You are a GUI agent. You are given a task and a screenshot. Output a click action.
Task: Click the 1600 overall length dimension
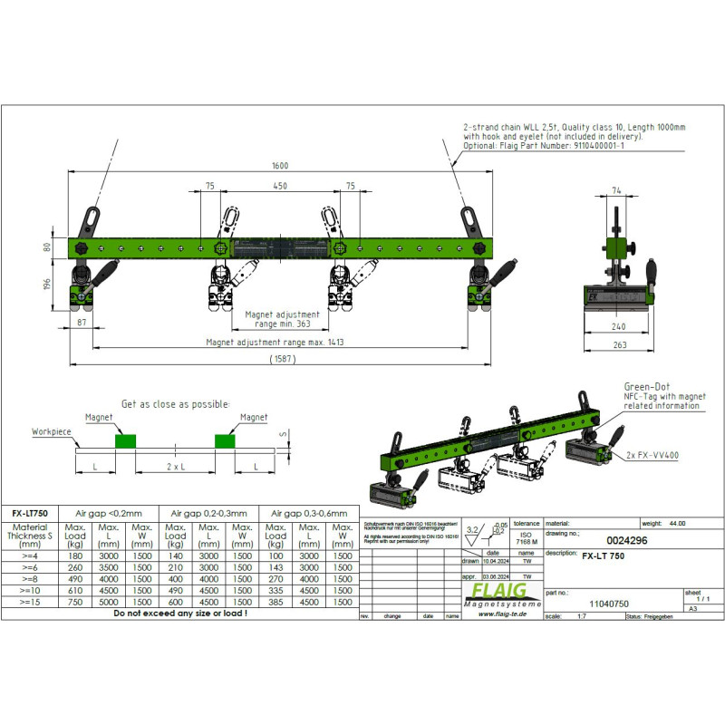[279, 167]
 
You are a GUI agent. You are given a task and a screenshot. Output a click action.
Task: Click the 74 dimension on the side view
[616, 191]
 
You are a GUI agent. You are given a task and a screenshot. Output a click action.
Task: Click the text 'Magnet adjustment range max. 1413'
[275, 343]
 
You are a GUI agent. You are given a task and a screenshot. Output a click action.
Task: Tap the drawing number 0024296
[624, 540]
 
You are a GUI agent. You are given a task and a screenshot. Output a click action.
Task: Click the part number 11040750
[609, 602]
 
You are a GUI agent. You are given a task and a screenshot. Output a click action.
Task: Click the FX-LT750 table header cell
[31, 512]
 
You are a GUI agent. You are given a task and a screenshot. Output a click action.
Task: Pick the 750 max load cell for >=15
[76, 602]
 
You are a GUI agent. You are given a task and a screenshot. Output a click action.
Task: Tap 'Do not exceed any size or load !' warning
[179, 614]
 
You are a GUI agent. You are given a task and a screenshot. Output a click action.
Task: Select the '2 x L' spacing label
[175, 465]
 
